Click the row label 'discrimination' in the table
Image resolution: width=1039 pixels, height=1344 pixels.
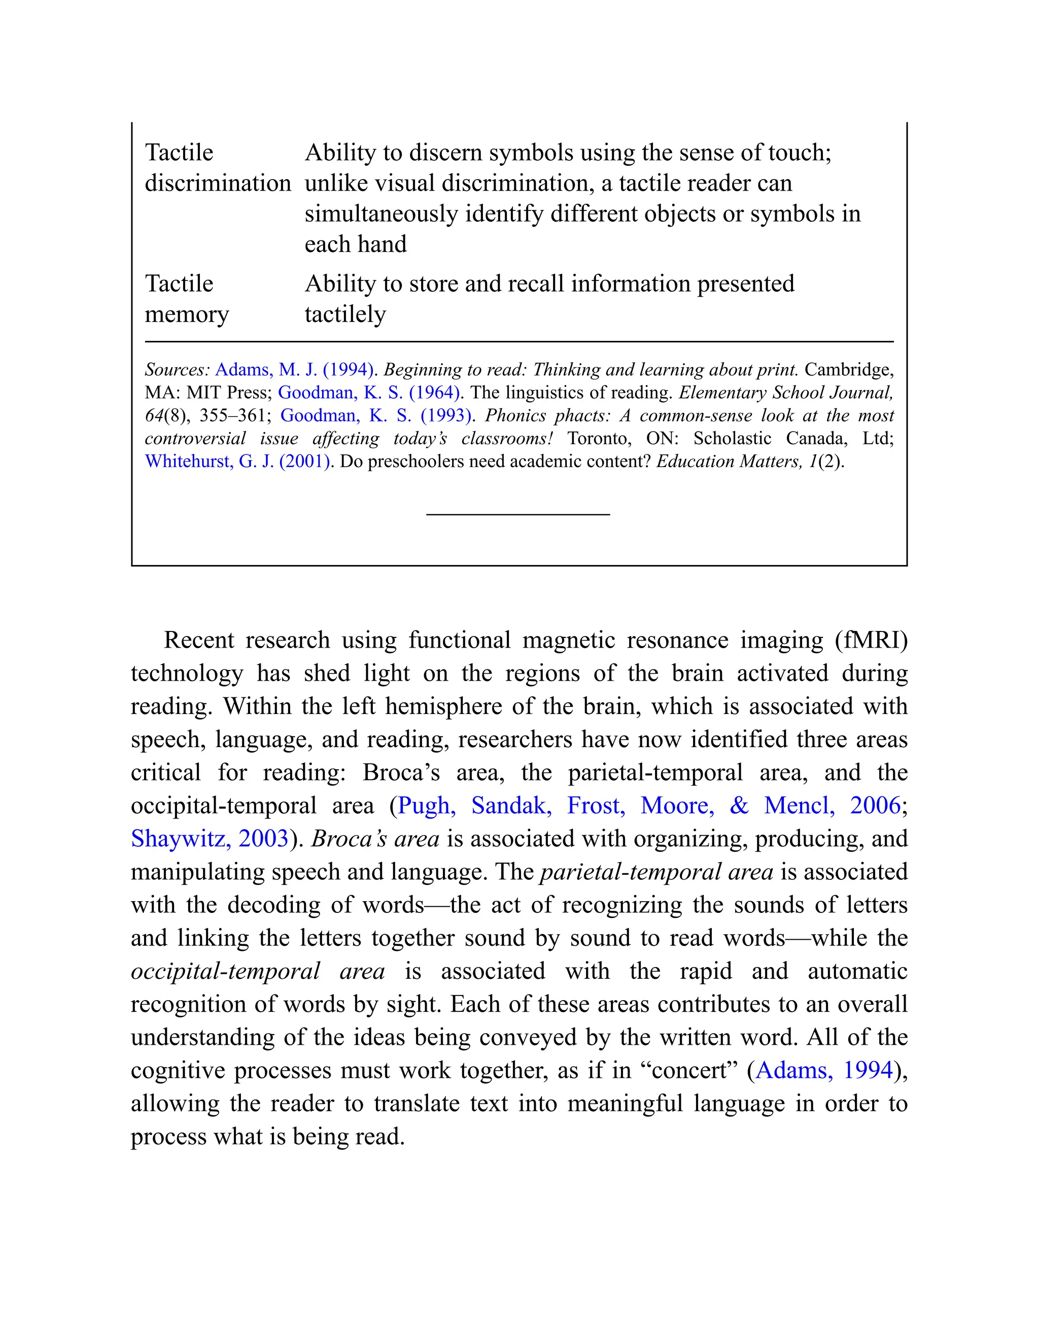[217, 184]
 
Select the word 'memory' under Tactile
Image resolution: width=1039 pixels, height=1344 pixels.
[187, 314]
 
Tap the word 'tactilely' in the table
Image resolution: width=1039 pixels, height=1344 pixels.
[345, 314]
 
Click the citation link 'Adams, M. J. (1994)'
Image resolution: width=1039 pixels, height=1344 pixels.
[294, 370]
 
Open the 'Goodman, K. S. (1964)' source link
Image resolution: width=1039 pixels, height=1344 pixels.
[369, 393]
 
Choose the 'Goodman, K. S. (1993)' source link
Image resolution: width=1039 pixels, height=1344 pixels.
[375, 415]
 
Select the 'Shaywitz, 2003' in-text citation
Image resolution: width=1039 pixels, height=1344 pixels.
[210, 839]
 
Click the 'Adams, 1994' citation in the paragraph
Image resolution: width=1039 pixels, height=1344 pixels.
[824, 1070]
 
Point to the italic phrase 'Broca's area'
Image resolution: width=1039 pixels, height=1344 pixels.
[375, 839]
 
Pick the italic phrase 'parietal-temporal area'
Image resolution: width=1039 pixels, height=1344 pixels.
[656, 872]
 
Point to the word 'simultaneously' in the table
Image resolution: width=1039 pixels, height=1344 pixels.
[381, 214]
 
